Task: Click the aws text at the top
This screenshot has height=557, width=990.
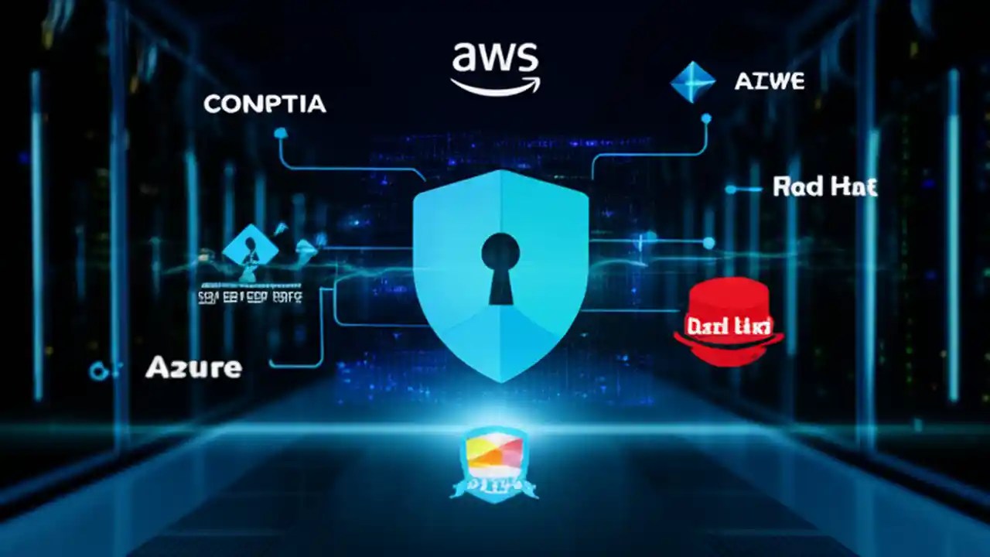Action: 494,58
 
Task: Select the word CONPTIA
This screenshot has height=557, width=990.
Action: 265,104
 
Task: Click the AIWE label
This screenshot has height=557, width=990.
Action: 769,80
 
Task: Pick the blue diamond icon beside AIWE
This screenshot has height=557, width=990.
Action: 694,83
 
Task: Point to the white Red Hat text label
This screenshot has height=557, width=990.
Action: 824,186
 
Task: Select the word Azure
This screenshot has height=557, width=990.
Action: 193,367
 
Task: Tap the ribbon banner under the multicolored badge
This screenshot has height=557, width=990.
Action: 494,487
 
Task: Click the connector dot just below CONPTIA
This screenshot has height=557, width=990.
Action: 280,133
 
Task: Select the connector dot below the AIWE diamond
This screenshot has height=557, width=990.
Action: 705,119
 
